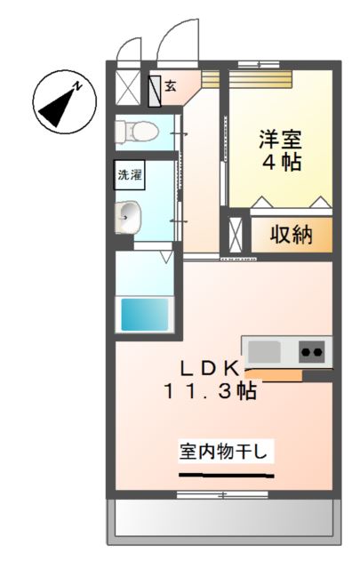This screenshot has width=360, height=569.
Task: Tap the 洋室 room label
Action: (280, 140)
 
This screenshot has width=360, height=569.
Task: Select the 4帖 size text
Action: (280, 163)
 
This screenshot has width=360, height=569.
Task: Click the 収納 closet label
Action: (291, 236)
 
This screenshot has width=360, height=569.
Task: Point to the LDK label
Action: (211, 367)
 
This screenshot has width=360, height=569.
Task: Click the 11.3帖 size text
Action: (210, 390)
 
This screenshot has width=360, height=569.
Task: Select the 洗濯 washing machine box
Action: (130, 174)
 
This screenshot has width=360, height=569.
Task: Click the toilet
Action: (136, 130)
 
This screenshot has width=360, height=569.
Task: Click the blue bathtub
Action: (144, 314)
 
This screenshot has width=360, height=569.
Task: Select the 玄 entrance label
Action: (170, 86)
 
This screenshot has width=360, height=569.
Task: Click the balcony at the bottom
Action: (223, 520)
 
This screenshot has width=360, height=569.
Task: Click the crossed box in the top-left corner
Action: (127, 88)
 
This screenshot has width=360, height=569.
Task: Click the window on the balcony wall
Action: (222, 493)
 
